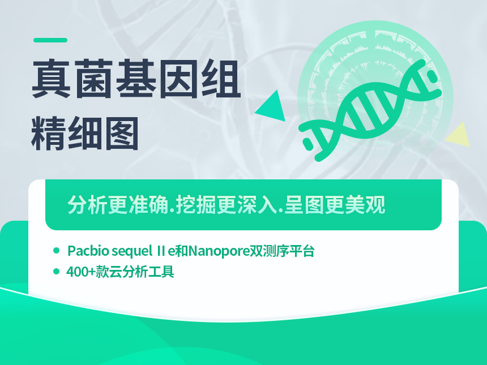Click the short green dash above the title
click(50, 40)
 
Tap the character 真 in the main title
click(51, 79)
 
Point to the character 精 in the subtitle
click(48, 134)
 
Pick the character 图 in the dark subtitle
click(121, 134)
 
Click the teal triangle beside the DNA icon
click(272, 106)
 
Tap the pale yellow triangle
click(459, 135)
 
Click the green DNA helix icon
click(370, 110)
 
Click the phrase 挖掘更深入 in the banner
click(226, 205)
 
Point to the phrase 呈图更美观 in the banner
click(335, 205)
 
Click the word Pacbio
click(88, 251)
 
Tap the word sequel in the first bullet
click(132, 251)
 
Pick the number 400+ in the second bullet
click(81, 272)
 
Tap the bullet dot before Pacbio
click(56, 251)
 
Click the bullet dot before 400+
click(56, 272)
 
